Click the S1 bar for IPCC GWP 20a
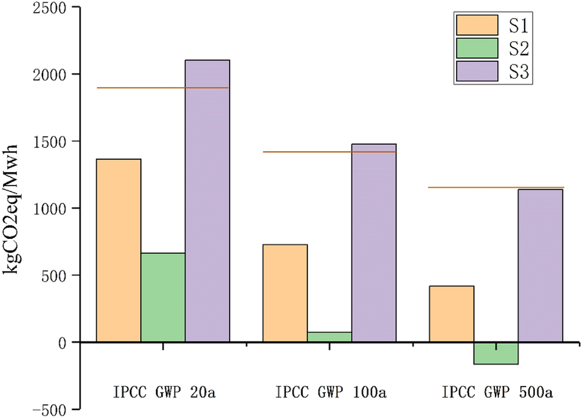118,250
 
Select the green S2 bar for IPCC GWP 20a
163,297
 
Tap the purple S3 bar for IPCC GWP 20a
207,201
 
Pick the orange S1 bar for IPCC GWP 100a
285,293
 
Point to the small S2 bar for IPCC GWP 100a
329,337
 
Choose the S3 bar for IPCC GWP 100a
373,243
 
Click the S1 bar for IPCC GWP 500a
451,314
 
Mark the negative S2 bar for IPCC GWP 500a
496,353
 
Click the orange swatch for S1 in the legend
477,25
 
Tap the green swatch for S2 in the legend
477,48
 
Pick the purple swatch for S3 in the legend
477,71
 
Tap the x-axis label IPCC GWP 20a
162,390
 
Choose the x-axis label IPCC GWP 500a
497,390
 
